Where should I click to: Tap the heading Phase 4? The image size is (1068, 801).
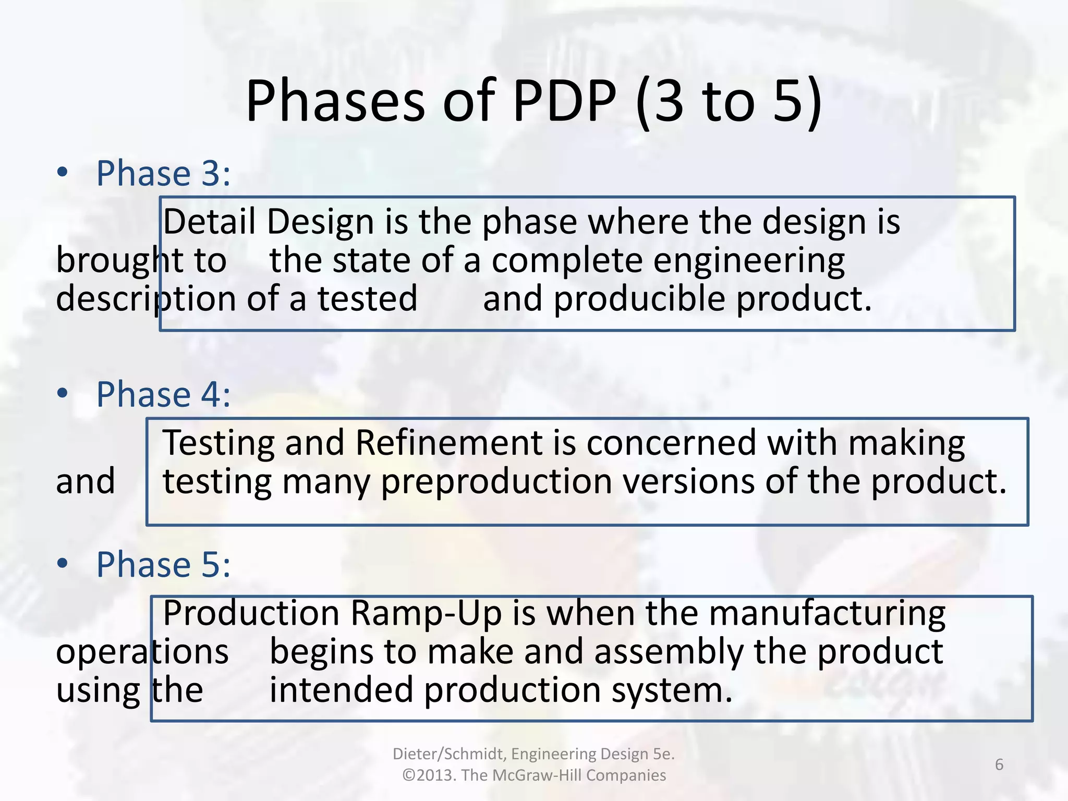[x=163, y=394]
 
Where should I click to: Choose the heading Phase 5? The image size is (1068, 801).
[x=163, y=564]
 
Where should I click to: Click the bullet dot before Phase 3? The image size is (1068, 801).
[x=63, y=172]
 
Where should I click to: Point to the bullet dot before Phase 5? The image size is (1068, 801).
[x=63, y=563]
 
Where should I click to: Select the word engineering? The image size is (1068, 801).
[x=749, y=261]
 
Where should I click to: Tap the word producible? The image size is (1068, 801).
[x=639, y=299]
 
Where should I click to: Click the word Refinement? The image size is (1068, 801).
[x=449, y=443]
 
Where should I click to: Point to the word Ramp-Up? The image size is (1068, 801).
[x=426, y=613]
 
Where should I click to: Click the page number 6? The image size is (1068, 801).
[x=999, y=764]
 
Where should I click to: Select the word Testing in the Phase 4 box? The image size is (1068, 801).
[x=218, y=443]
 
